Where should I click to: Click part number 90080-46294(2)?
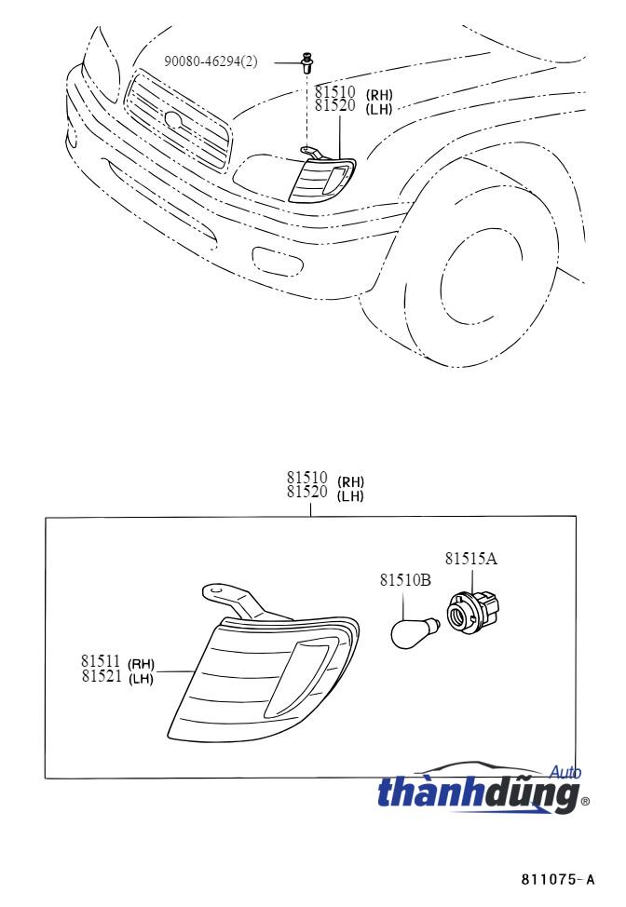pos(211,61)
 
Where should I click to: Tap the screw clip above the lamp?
pos(306,62)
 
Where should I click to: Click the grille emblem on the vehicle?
pos(173,119)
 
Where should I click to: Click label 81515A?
pos(471,558)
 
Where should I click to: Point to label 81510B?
pos(405,579)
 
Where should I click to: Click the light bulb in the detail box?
pos(415,632)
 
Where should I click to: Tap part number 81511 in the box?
pos(101,660)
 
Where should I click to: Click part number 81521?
pos(102,676)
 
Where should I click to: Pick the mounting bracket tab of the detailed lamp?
pos(230,600)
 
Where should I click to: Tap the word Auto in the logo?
pos(565,772)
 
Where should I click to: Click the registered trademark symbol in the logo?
pos(585,801)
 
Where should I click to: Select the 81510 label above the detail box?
pos(307,478)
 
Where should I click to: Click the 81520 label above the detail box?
pos(307,492)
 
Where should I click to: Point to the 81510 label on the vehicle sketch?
pos(335,91)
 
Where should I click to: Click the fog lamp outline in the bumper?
pos(279,261)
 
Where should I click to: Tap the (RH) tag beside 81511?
pos(141,663)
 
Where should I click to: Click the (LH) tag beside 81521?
pos(141,678)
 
